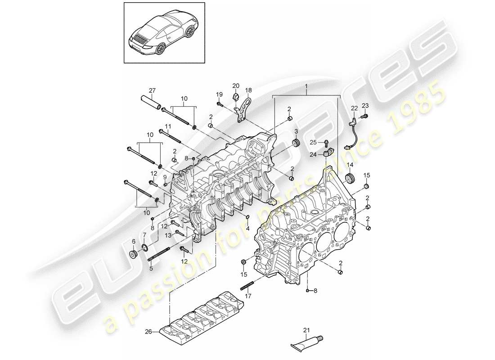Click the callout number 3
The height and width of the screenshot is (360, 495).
(x=297, y=131)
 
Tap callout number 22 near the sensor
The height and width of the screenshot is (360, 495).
(x=354, y=108)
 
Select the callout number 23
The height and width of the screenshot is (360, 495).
(x=365, y=105)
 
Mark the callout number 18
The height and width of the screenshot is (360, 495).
(x=247, y=90)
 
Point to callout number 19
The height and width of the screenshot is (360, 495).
(x=219, y=94)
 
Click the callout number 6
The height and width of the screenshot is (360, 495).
(x=134, y=241)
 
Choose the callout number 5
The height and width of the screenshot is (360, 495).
(x=151, y=269)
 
